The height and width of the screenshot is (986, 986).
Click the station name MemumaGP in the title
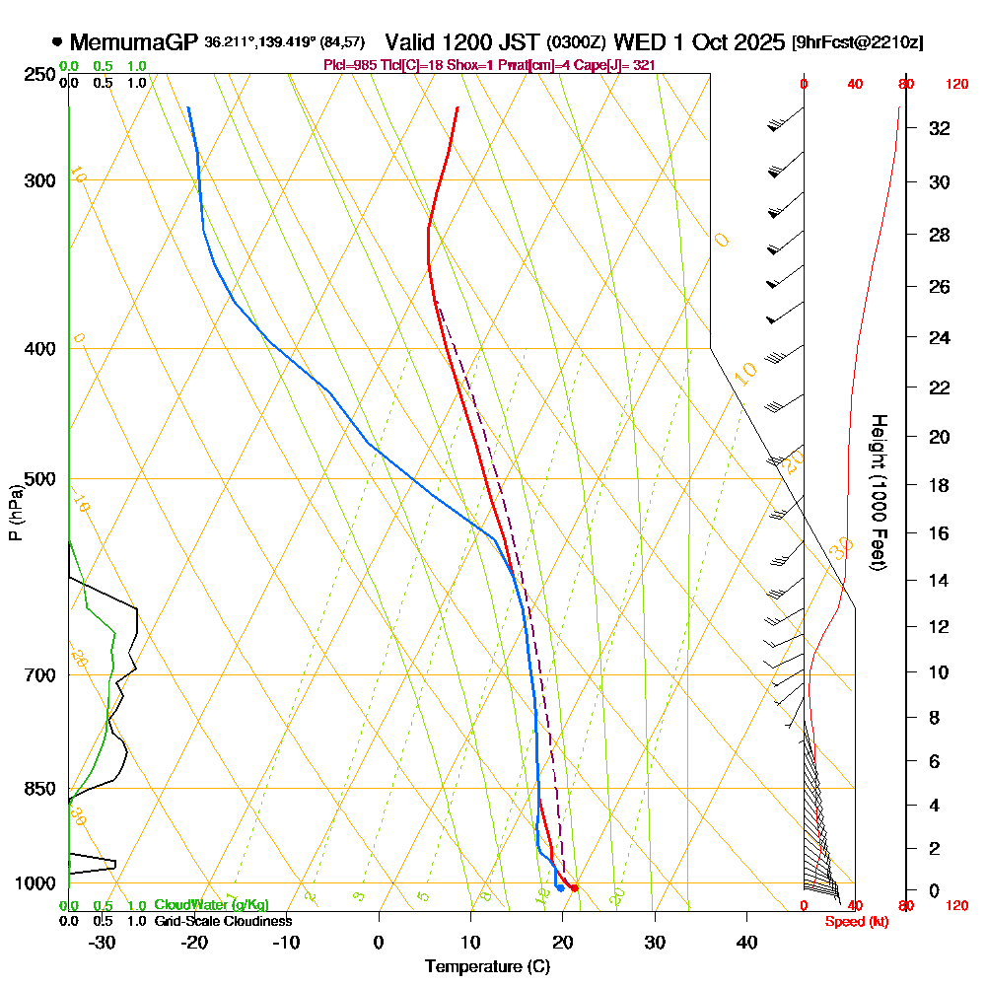[x=134, y=42]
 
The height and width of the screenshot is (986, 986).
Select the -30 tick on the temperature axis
[x=103, y=942]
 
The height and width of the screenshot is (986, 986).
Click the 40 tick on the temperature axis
[x=746, y=942]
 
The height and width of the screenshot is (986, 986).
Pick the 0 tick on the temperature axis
[x=379, y=942]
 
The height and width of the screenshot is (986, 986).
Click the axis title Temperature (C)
[x=487, y=967]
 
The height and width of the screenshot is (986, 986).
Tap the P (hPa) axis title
[x=15, y=512]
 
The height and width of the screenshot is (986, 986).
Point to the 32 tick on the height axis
[x=940, y=128]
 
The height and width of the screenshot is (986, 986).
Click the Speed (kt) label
[x=854, y=921]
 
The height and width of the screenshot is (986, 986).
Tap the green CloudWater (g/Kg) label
[x=211, y=905]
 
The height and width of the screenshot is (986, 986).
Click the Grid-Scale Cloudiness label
[x=223, y=921]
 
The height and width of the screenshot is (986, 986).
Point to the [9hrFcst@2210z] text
[x=858, y=43]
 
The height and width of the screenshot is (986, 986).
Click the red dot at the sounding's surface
[x=574, y=888]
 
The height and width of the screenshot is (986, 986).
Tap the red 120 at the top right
[x=956, y=85]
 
